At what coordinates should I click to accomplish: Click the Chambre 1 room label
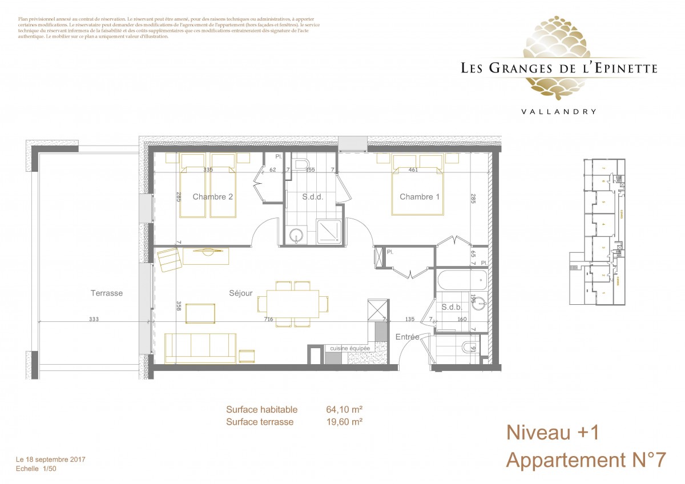click(420, 197)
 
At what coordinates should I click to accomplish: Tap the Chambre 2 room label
click(212, 197)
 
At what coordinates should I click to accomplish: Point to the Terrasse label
click(107, 293)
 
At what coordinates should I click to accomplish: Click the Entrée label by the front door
click(408, 337)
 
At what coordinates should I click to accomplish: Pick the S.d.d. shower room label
click(312, 197)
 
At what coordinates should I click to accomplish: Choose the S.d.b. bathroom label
click(452, 307)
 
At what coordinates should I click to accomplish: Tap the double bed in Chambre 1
click(417, 185)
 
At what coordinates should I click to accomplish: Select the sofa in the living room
click(200, 348)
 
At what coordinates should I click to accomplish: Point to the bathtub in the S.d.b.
click(460, 280)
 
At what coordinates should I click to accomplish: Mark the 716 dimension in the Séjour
click(268, 320)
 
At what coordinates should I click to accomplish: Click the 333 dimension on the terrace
click(94, 320)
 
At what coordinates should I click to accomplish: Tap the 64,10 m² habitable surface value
click(345, 409)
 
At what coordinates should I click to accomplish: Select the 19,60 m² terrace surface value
click(345, 422)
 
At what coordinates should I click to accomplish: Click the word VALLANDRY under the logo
click(559, 112)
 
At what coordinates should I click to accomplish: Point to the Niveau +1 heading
click(553, 433)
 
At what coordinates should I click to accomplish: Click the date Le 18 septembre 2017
click(51, 459)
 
